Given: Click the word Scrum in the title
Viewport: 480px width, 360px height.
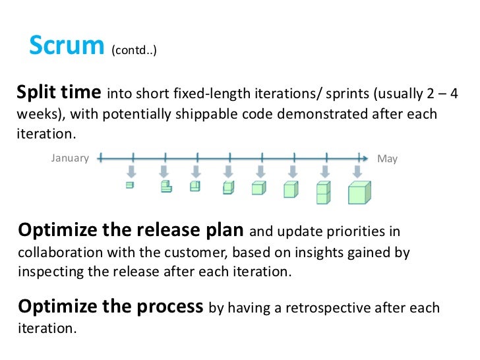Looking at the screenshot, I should point(67,45).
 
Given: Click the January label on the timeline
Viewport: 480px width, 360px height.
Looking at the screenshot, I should point(70,158).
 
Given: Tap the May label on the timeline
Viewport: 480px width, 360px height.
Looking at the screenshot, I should point(387,159).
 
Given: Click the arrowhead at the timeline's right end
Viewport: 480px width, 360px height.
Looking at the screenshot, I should point(364,158).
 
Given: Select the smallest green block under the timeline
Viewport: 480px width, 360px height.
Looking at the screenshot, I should point(130,185).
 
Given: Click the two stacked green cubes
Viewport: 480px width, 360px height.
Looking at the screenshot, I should point(323,192).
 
